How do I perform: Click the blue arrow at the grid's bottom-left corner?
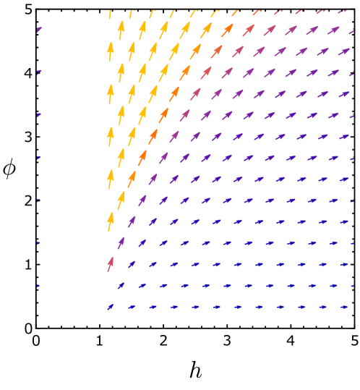(111, 307)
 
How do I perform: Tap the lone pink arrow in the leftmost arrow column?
(111, 263)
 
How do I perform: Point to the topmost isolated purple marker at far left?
(38, 30)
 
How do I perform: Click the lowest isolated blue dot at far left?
(38, 286)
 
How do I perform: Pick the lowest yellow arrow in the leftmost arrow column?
(111, 220)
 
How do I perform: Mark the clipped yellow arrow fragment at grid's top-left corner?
(111, 13)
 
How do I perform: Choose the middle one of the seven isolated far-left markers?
(38, 158)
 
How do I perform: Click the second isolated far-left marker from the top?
(38, 72)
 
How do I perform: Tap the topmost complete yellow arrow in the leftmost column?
(111, 51)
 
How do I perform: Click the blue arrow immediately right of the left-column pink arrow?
(132, 264)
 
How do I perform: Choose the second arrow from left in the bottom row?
(132, 307)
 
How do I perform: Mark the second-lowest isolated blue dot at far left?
(38, 243)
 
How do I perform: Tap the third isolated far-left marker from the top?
(38, 115)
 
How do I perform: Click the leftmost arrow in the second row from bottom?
(121, 286)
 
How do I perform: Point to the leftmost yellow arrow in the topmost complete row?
(121, 30)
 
